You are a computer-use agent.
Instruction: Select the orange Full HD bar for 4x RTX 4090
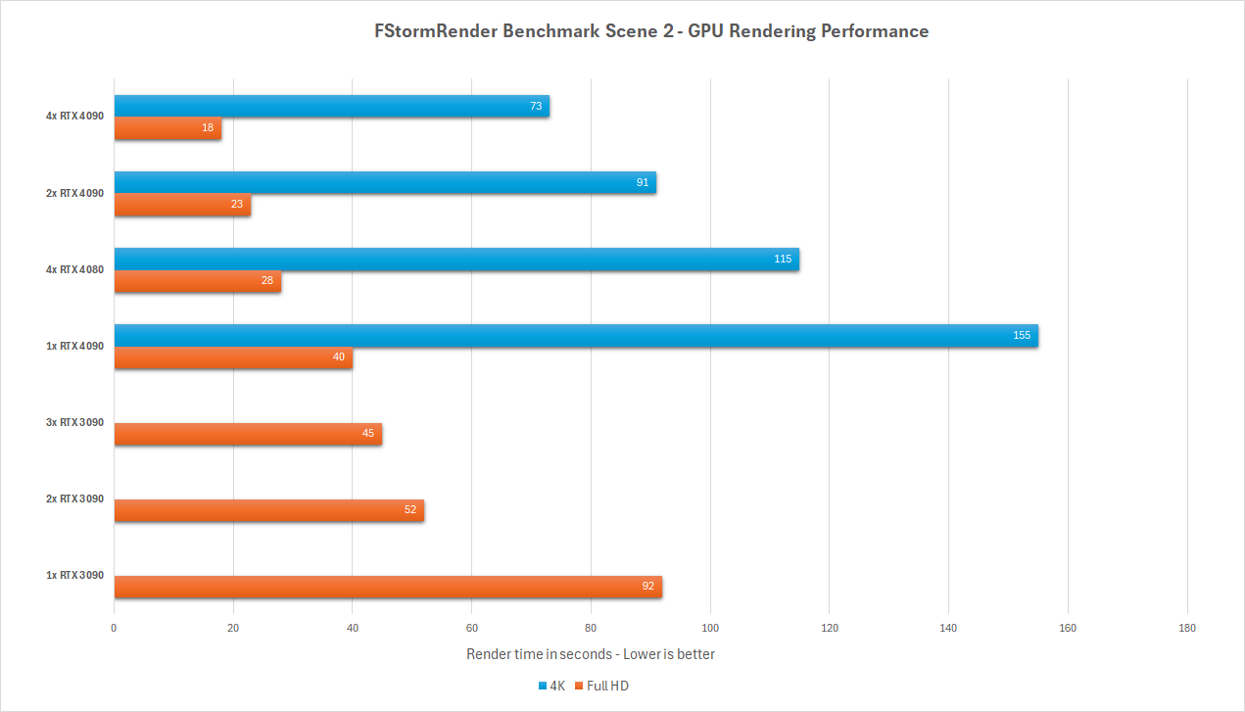click(168, 128)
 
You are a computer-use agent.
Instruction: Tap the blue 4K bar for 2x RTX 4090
click(385, 182)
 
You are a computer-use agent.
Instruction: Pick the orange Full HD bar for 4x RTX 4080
click(197, 282)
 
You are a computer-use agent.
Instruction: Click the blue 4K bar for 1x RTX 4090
click(576, 336)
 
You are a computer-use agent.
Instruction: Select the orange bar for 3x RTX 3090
click(248, 434)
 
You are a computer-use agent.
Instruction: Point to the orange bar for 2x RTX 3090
click(268, 510)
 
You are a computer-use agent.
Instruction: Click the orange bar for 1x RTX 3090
click(388, 587)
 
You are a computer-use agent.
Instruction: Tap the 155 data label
click(1022, 336)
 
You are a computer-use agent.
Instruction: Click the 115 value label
click(783, 260)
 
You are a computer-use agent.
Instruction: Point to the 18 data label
click(208, 128)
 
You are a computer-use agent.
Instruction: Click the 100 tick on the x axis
click(710, 628)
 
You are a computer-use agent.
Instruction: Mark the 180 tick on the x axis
click(1187, 628)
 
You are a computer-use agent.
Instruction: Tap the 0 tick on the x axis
click(115, 628)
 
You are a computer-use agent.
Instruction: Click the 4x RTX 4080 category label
click(74, 269)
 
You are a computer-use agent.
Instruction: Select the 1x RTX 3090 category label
click(74, 576)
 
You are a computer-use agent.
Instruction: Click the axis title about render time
click(591, 654)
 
